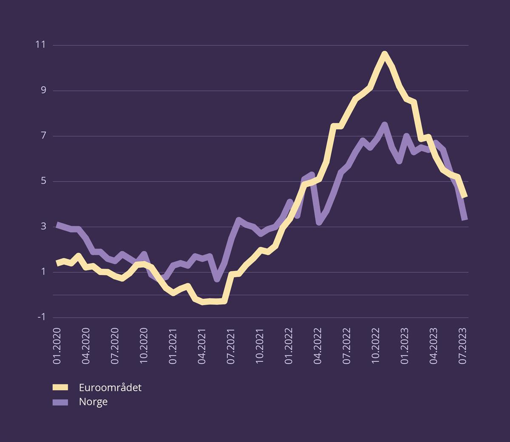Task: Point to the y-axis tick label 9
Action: (43, 91)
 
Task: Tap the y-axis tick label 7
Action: (43, 136)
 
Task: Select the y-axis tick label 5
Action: (43, 181)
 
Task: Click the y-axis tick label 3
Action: (43, 227)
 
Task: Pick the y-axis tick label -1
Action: (41, 317)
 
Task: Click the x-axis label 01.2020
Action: (57, 346)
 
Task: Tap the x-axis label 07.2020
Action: (115, 346)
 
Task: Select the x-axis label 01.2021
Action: (173, 346)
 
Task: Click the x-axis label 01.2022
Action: (289, 346)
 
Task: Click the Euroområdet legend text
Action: (110, 387)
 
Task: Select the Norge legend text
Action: (93, 402)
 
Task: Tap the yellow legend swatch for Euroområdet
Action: (60, 387)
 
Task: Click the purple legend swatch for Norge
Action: (60, 402)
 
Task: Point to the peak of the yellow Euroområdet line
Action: (385, 54)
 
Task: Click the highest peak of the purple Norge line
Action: (385, 124)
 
